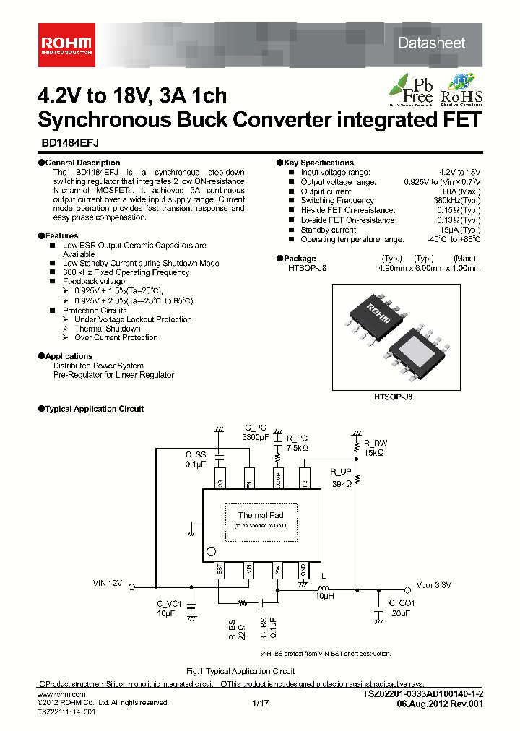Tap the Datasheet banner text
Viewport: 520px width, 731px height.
tap(431, 43)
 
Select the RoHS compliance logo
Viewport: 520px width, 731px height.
tap(461, 88)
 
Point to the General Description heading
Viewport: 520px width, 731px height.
tap(82, 163)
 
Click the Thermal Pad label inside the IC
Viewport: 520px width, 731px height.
tap(261, 515)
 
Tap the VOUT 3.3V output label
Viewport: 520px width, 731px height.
tap(434, 586)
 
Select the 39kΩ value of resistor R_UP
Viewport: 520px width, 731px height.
tap(341, 484)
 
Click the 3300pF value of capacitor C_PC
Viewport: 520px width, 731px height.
tap(256, 438)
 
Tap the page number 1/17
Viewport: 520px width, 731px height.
tap(260, 702)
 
